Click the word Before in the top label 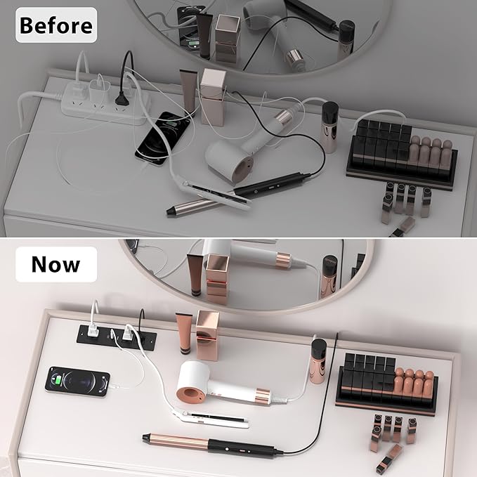pos(56,25)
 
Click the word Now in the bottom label pos(56,264)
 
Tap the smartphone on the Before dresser pos(163,138)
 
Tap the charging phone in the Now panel pos(77,381)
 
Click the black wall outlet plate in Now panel pos(117,337)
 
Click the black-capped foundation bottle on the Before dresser pos(329,127)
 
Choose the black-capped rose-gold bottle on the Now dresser pos(318,361)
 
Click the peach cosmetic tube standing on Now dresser pos(184,334)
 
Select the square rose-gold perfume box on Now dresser pos(207,335)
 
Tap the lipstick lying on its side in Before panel pos(403,227)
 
